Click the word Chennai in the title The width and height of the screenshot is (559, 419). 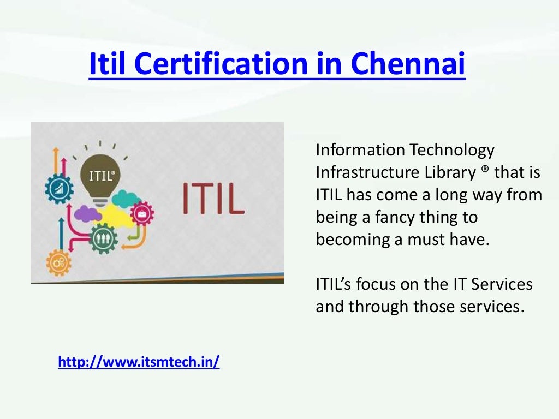pyautogui.click(x=408, y=64)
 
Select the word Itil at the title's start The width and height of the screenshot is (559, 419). pyautogui.click(x=108, y=64)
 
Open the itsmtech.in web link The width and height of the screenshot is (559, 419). pyautogui.click(x=139, y=362)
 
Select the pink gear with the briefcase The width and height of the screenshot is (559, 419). pyautogui.click(x=142, y=213)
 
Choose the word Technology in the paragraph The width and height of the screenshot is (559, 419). pyautogui.click(x=451, y=149)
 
